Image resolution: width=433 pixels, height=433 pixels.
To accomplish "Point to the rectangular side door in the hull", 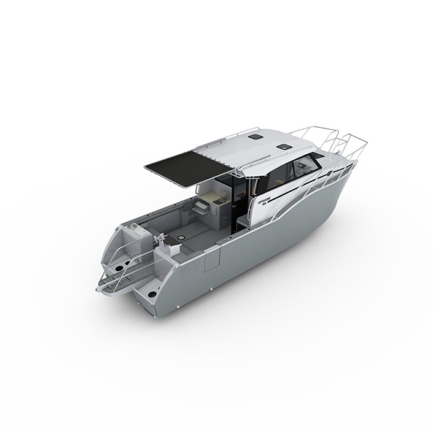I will pyautogui.click(x=212, y=260).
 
